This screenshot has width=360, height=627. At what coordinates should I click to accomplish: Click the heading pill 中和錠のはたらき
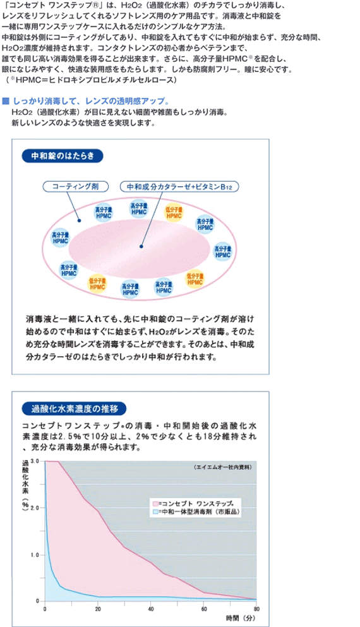63,156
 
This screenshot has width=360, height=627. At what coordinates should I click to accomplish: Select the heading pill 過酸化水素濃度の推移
74,409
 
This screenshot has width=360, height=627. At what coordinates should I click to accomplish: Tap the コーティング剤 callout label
76,186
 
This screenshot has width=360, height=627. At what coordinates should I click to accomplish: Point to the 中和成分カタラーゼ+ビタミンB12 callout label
180,186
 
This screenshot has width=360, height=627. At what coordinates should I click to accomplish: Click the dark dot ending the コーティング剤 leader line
79,221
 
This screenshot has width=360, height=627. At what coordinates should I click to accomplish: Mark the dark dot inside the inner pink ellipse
141,246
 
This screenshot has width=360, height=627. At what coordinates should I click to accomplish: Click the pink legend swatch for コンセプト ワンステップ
155,503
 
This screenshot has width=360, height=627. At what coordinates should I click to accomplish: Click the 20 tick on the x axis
98,609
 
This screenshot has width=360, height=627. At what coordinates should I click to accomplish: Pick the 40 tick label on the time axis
151,609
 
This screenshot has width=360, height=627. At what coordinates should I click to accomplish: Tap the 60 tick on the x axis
203,609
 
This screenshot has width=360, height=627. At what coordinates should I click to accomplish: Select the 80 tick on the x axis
256,609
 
